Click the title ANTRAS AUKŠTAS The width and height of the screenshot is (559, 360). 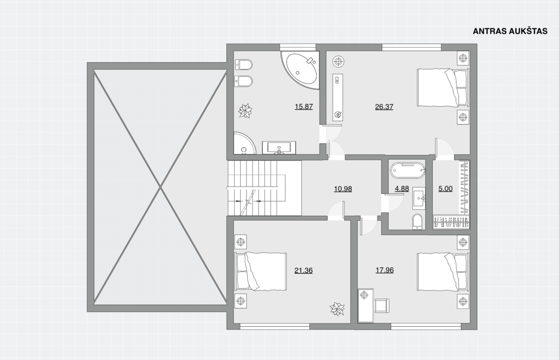(x=510, y=31)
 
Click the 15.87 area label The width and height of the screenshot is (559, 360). (x=304, y=106)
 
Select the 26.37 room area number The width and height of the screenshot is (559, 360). (x=384, y=106)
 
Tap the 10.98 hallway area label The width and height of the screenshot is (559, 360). (x=343, y=188)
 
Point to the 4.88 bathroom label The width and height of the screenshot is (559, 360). (x=402, y=188)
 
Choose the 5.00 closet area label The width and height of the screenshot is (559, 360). (x=445, y=188)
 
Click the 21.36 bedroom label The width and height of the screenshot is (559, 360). (x=303, y=270)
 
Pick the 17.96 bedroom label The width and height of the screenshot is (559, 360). (x=384, y=270)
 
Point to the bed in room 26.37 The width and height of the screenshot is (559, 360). (x=442, y=88)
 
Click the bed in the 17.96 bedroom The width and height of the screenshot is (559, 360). (x=442, y=272)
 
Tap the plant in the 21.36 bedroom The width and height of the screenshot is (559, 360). (x=336, y=309)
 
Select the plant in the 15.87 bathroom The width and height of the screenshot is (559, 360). (x=245, y=111)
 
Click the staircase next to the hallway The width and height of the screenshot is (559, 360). (x=264, y=188)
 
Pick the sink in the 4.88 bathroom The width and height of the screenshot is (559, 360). (x=419, y=198)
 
